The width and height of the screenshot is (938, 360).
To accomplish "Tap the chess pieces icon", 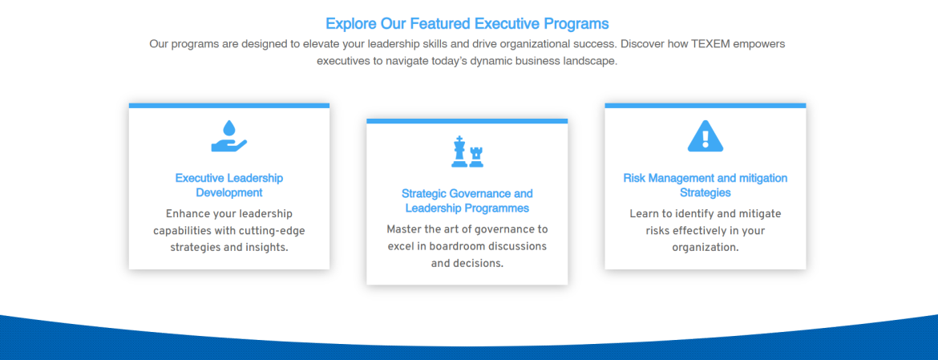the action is pos(467,152).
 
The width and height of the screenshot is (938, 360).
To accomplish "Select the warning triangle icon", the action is pos(706,136).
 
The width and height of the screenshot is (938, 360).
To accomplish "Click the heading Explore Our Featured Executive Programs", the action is pos(467,24).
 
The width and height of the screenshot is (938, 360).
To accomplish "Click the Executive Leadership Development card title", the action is pos(229,185).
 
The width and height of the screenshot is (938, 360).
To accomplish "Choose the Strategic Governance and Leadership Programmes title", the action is pos(467,201).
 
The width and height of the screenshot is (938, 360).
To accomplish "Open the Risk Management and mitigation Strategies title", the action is pos(706,185).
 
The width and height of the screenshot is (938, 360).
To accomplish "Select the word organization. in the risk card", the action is pos(706,247).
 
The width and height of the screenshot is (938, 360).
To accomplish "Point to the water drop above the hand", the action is pos(229,127).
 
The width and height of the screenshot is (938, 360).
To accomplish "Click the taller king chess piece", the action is pos(459,152).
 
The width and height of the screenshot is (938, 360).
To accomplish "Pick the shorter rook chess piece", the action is pos(476,156).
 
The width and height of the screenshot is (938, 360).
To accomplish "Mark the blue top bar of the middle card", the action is pos(467,121).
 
